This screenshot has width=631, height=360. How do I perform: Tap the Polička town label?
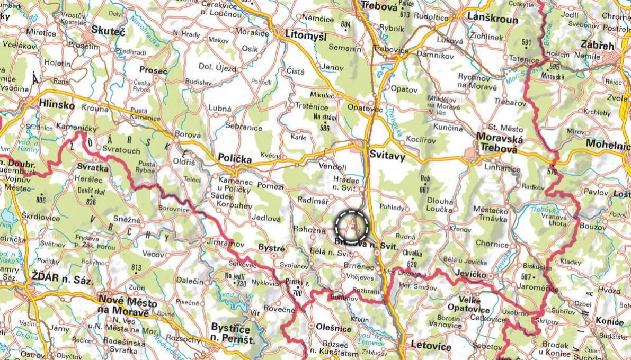point(234,157)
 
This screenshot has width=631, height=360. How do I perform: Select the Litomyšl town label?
point(306,35)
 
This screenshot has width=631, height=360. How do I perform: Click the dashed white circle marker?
point(352,227)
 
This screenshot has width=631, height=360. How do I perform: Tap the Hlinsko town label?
point(57,105)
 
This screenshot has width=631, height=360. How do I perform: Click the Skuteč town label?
point(108,31)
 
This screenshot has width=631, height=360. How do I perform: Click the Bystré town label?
point(271,247)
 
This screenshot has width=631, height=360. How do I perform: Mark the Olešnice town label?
point(333,329)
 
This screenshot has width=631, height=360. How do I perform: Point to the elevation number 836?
point(91,202)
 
